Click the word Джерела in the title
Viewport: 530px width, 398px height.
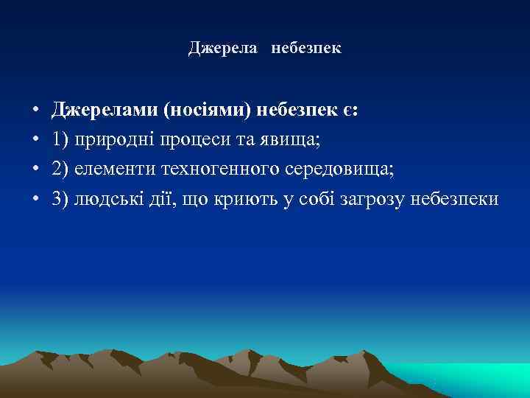pos(222,49)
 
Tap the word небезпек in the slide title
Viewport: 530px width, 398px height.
pos(305,49)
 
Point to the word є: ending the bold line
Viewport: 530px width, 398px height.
pos(351,111)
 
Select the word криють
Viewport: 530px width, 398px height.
pos(244,200)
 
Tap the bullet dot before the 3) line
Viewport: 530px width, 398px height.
pos(35,200)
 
